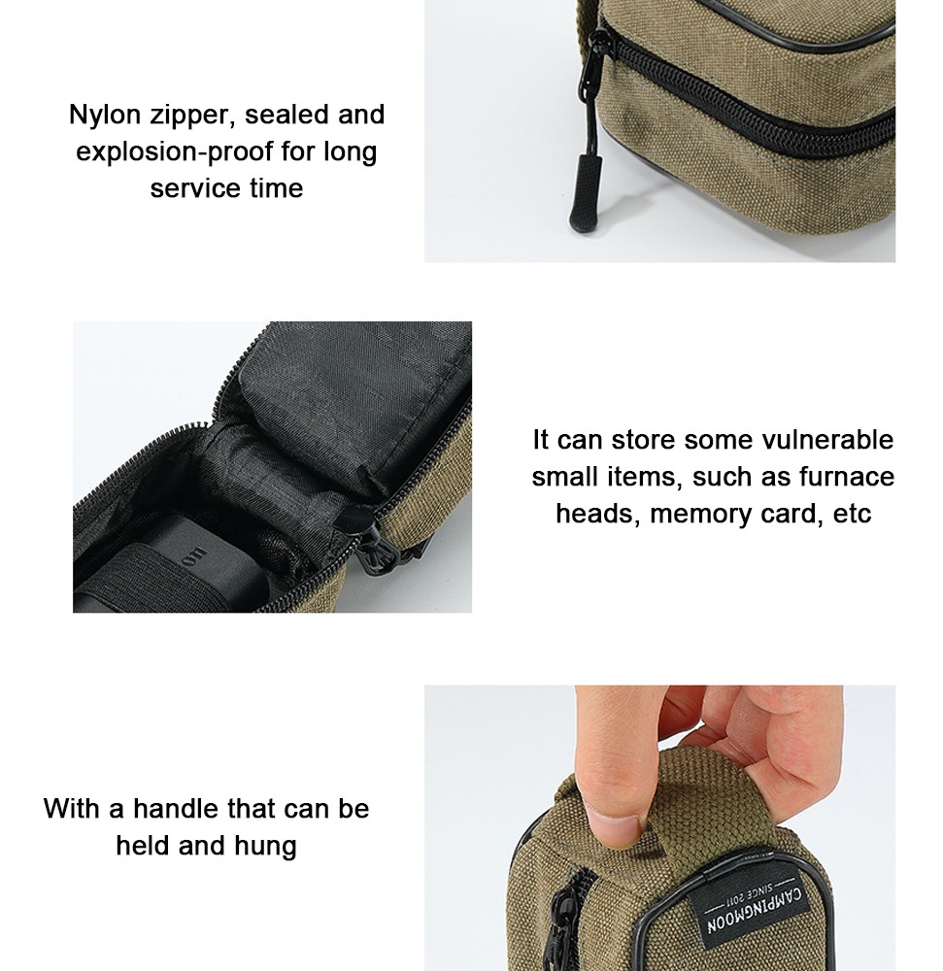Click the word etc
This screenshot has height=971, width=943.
[x=852, y=514]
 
